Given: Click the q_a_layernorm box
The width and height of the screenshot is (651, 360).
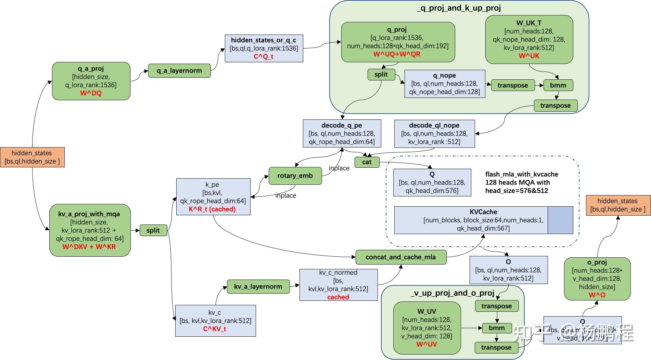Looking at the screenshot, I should (x=179, y=71).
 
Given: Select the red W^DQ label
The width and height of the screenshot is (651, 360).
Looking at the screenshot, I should (x=91, y=93).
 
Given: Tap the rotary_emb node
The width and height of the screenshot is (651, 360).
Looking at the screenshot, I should (x=295, y=176).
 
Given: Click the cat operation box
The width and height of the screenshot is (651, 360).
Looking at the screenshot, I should (x=367, y=162).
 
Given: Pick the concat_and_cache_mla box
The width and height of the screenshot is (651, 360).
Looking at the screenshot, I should (x=400, y=257).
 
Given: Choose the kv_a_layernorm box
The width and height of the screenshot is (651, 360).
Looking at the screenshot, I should (x=258, y=286).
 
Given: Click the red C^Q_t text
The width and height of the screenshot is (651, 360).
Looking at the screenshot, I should (x=263, y=56).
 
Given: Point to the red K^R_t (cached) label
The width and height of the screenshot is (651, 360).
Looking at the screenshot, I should (x=212, y=209).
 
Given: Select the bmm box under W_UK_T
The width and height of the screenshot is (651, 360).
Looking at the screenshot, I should (x=558, y=85).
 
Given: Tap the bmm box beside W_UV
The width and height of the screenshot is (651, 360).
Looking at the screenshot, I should (x=497, y=328).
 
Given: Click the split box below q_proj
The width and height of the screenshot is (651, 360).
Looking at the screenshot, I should (x=381, y=74).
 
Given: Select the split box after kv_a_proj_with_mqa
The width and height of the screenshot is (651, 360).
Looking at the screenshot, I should (x=153, y=230).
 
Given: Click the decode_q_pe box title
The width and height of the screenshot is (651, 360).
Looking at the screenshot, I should (x=342, y=125).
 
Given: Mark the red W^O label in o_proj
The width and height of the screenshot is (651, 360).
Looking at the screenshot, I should (x=597, y=295).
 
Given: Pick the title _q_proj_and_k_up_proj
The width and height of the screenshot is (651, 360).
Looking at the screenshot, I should (x=459, y=8).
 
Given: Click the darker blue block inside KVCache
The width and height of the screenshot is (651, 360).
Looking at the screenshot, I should (x=560, y=220).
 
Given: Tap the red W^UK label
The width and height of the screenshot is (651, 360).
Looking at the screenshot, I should (x=529, y=56).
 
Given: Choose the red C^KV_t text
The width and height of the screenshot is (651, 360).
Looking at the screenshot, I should (x=215, y=329).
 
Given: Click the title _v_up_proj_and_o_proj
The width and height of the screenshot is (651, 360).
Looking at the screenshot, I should (x=452, y=293).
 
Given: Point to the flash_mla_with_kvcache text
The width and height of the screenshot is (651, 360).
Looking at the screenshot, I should (x=521, y=174).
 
